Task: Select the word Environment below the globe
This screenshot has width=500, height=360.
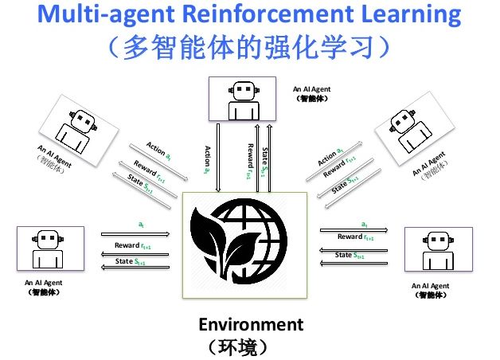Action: click(x=251, y=324)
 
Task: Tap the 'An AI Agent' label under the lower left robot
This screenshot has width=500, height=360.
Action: click(x=44, y=282)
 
